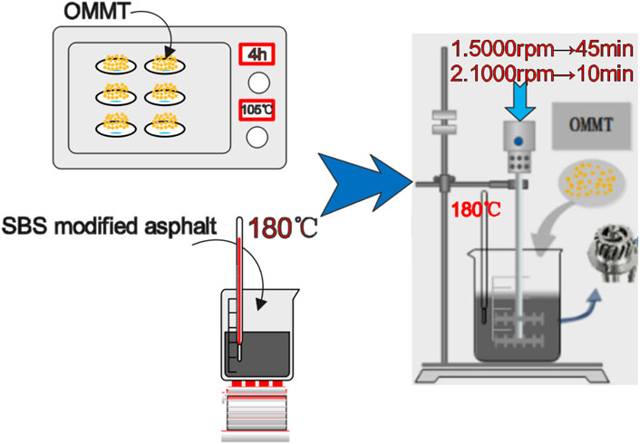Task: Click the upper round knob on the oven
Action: (257, 82)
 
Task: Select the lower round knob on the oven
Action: (257, 138)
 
